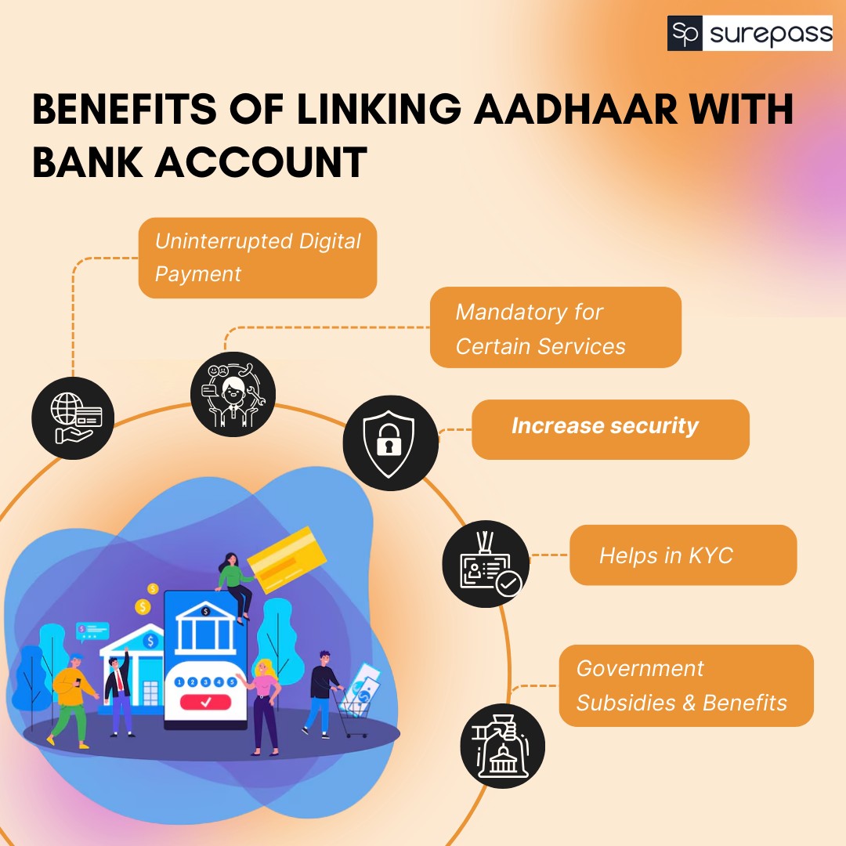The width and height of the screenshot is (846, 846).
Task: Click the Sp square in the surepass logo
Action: click(685, 33)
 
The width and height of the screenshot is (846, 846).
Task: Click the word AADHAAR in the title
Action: click(576, 109)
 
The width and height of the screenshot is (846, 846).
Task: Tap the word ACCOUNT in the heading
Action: click(261, 162)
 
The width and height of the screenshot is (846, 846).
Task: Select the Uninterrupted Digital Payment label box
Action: click(258, 258)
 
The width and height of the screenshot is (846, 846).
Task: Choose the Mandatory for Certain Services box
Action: click(555, 327)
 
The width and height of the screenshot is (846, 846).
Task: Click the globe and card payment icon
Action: click(73, 418)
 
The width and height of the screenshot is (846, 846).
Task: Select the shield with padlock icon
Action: click(391, 443)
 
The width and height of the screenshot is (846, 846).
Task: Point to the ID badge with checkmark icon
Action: click(486, 564)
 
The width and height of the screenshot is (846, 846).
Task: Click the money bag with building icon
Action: click(502, 747)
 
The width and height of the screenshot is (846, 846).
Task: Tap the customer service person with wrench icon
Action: click(233, 394)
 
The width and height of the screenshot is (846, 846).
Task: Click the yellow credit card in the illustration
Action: click(287, 559)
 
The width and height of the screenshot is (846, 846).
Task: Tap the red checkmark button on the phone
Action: click(205, 702)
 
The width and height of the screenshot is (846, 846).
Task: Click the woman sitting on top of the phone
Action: click(235, 585)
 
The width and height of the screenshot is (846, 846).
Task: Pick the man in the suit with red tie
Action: click(119, 692)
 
